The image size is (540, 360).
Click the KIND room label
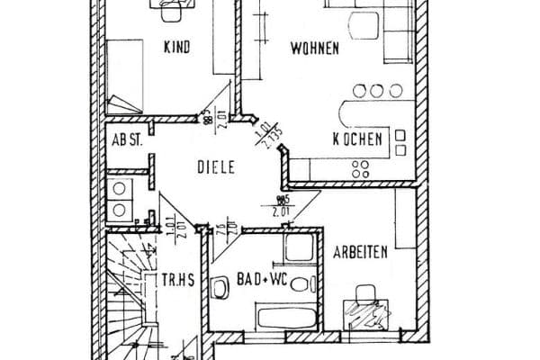click(176, 48)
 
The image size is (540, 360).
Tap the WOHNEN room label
click(314, 49)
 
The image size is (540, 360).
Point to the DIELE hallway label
click(217, 166)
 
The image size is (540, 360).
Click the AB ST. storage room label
click(128, 141)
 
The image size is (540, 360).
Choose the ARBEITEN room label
click(360, 253)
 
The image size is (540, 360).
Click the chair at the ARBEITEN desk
click(364, 293)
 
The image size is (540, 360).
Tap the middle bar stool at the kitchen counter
click(373, 90)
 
